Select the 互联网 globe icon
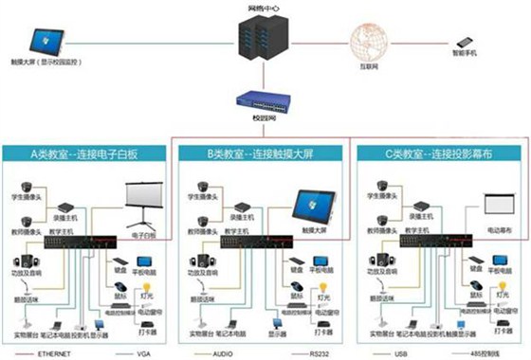(x=372, y=42)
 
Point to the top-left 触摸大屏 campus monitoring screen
(x=42, y=40)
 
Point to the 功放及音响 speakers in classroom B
(x=200, y=264)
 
